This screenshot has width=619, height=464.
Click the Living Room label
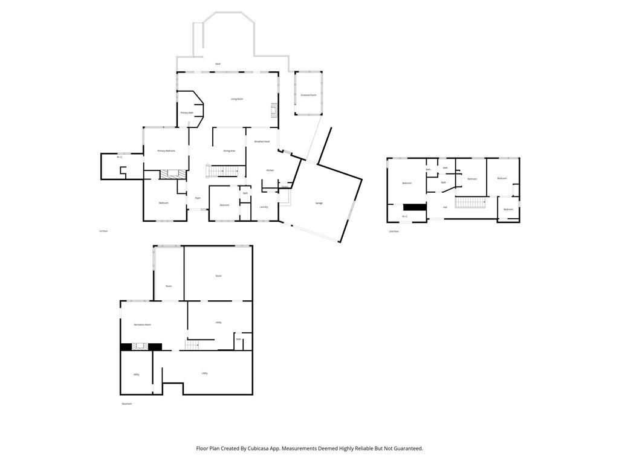point(237,98)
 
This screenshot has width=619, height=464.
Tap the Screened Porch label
point(308,95)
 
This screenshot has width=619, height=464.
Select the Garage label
point(319,203)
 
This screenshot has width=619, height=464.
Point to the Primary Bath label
point(187,112)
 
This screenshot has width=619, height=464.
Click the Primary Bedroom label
point(166,150)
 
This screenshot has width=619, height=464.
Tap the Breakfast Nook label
point(262,141)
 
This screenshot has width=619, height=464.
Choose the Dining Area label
point(229,150)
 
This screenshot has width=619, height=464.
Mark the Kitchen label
point(270,170)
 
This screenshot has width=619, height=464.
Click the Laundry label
point(264,207)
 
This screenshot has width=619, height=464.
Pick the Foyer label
point(197,198)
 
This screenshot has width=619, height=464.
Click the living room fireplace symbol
point(274,111)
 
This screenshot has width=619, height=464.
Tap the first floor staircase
point(221,171)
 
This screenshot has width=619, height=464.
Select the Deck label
point(218,63)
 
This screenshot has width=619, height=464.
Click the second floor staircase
point(471,202)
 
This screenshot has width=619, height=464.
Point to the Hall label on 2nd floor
point(445,207)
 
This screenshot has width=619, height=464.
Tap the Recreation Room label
point(143,324)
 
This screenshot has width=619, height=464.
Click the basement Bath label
point(239,340)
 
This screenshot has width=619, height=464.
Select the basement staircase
point(192,345)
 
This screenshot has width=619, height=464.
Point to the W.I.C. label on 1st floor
point(120,157)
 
